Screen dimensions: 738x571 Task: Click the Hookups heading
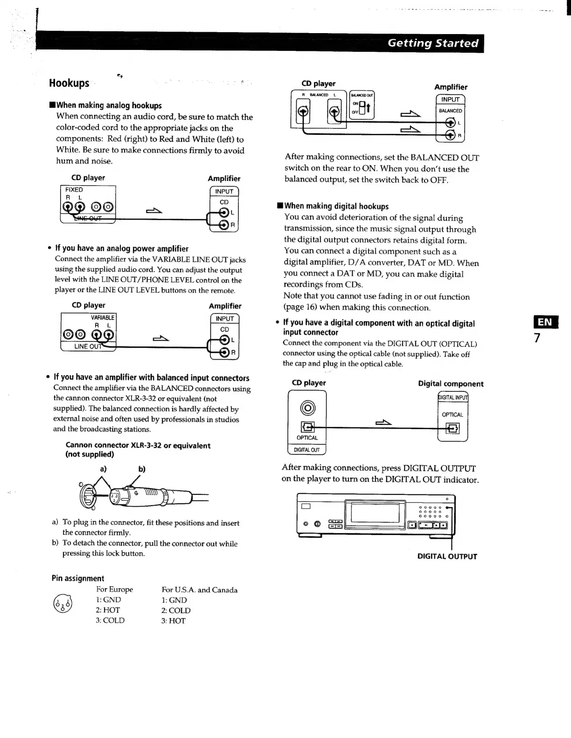69,83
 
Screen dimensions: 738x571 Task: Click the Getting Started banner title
433,43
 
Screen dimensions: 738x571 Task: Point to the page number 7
537,338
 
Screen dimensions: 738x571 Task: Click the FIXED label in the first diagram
74,190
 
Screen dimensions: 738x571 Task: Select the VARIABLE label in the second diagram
103,317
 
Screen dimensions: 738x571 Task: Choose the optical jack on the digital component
453,428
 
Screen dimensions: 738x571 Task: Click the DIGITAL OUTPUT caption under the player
447,556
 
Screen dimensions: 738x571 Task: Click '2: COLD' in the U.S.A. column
176,610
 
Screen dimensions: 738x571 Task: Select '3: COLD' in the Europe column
110,620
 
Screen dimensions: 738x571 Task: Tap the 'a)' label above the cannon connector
103,468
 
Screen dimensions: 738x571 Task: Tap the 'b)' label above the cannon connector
142,469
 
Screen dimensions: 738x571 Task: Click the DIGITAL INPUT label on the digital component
453,397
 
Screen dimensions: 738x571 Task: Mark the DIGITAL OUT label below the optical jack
306,450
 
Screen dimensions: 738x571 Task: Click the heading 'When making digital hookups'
336,206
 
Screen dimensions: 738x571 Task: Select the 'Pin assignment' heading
78,578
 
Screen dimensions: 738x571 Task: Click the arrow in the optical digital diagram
383,423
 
